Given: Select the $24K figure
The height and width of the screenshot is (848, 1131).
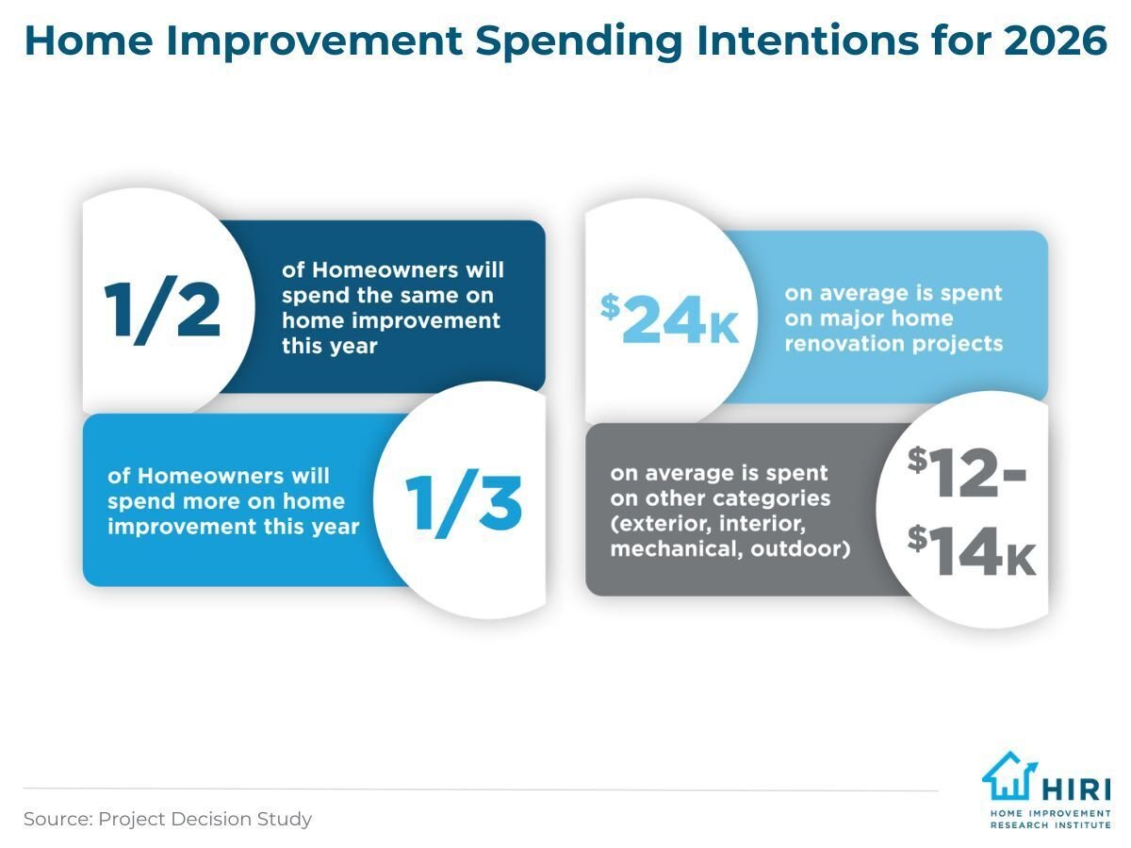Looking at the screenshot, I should [670, 318].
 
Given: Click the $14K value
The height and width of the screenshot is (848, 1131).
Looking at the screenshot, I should [972, 550].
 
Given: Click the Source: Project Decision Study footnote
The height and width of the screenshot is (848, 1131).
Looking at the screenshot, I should [167, 819].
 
